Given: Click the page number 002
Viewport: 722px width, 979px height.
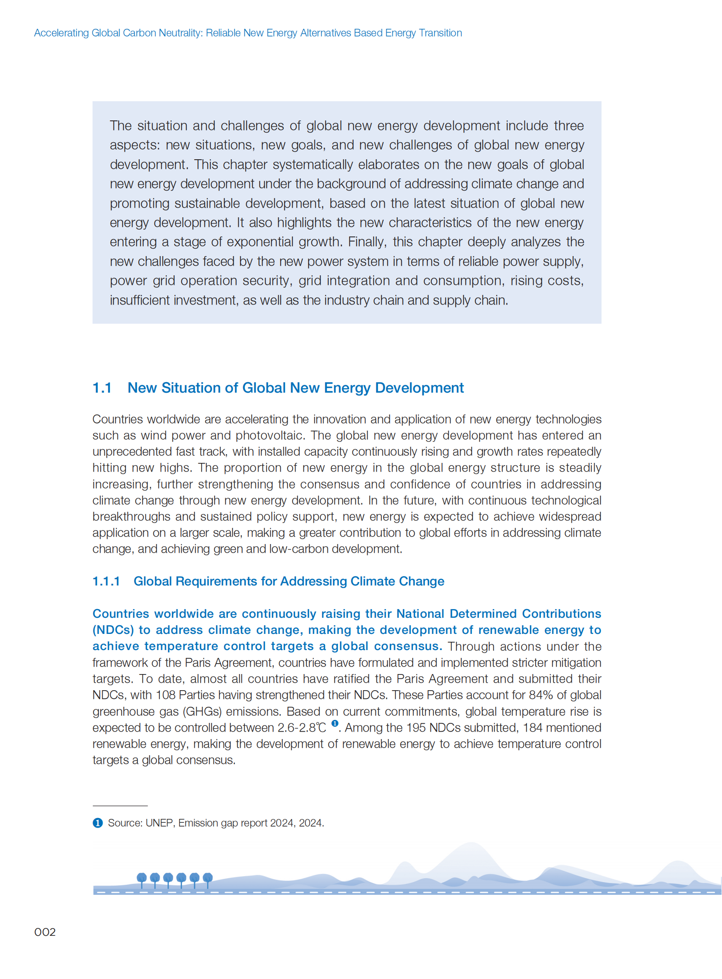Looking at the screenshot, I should [45, 932].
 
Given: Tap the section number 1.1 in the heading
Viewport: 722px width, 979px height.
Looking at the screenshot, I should [102, 388].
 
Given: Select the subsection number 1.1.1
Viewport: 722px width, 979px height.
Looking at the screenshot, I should [106, 581].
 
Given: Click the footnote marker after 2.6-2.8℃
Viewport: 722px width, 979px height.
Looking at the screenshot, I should [335, 723].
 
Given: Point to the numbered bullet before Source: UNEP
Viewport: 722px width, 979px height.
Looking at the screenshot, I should [97, 823].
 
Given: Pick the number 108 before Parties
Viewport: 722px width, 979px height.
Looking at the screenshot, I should [165, 695].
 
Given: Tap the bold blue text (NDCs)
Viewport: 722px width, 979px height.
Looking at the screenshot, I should [113, 630].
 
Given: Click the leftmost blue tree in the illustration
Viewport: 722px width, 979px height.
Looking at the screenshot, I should [141, 878].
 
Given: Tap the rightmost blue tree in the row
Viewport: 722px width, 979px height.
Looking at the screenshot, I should [208, 878].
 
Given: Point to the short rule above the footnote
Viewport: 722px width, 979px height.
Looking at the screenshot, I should [120, 805].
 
